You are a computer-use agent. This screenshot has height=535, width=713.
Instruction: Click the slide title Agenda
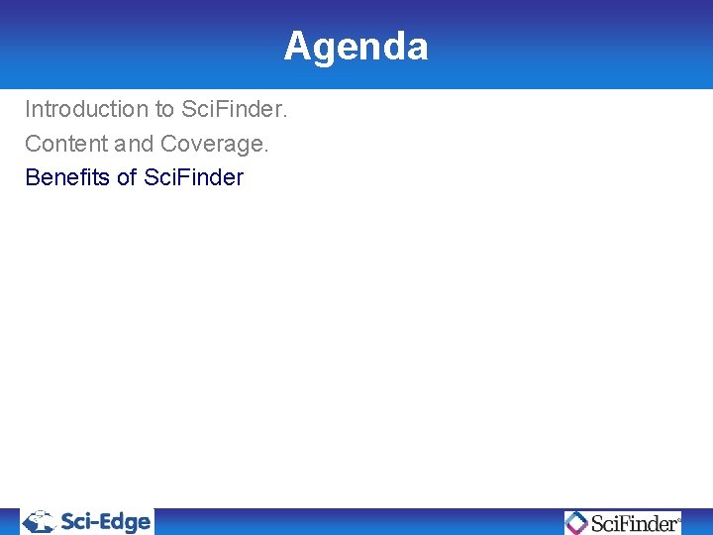(x=356, y=47)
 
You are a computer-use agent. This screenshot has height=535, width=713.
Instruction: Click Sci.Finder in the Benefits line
(x=194, y=178)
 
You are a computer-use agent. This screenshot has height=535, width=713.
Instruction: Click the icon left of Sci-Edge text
(x=41, y=522)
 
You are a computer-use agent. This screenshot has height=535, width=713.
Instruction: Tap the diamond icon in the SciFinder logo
(x=576, y=522)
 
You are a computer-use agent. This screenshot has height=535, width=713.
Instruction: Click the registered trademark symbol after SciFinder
(x=679, y=517)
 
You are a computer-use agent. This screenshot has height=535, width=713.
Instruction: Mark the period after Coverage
(x=265, y=150)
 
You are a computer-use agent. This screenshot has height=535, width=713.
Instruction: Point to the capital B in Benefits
(x=32, y=178)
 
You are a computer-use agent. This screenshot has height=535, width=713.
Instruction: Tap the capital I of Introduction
(x=28, y=109)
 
